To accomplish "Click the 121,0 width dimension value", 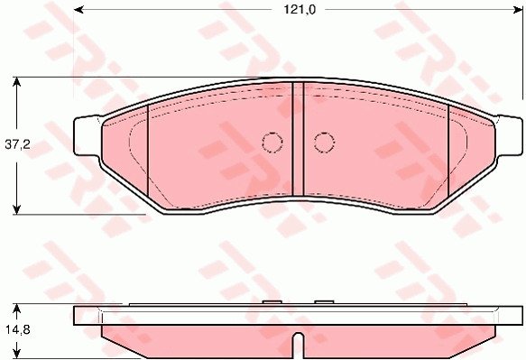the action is click(300, 10).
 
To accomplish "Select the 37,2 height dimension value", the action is click(17, 145).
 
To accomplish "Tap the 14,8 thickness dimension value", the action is click(18, 330).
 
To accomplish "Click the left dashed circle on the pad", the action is click(272, 143).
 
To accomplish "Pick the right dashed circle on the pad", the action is click(325, 143).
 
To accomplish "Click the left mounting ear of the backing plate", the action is click(87, 136).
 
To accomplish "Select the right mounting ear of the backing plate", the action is click(509, 136).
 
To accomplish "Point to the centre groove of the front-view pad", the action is click(298, 139).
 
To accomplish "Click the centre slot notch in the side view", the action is click(298, 346).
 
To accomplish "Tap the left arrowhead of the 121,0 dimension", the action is click(78, 10).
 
